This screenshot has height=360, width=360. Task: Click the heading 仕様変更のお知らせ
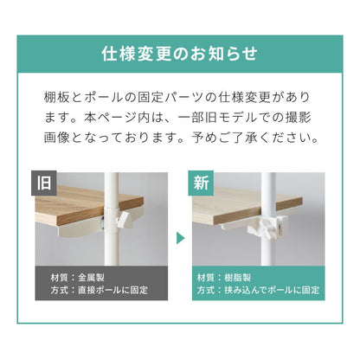coord(179,54)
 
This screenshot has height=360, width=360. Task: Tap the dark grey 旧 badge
coord(44,183)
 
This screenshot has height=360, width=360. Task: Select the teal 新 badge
coord(201,183)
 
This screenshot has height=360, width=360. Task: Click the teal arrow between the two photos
coord(180,238)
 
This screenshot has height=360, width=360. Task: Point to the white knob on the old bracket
coord(124,219)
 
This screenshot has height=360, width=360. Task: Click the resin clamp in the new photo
coord(267,227)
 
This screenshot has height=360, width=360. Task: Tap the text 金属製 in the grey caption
coord(91,278)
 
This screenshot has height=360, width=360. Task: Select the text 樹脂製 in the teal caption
coord(238,278)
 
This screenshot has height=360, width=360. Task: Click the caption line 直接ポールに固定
coord(113,290)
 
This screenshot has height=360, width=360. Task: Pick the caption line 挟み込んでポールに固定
coord(272,290)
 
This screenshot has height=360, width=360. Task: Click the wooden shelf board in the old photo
coord(87,205)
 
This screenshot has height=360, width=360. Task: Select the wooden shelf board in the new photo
coord(245,205)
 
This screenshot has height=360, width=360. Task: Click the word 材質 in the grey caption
coord(59,278)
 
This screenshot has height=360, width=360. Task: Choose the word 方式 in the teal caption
coord(206,290)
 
